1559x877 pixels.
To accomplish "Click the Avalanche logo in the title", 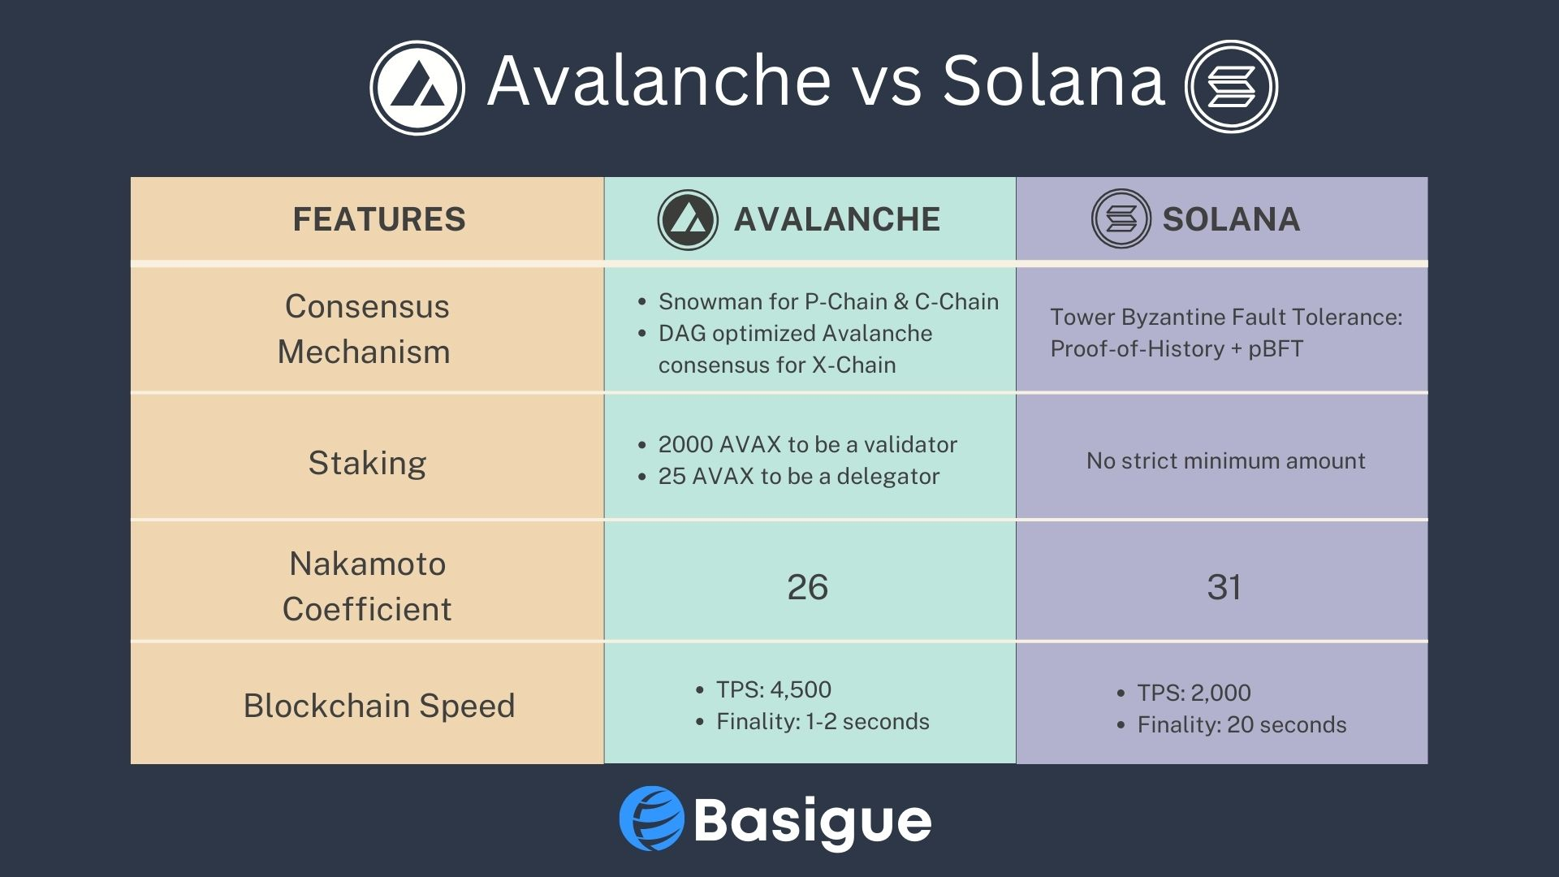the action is click(417, 88).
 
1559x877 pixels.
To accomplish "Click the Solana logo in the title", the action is click(1231, 87).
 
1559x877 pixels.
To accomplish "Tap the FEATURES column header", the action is click(379, 219).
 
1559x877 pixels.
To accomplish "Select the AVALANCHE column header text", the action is click(837, 219).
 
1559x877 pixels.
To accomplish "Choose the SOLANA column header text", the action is click(1231, 219).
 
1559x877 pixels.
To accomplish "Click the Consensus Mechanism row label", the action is click(365, 329).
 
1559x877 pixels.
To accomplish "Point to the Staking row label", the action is click(367, 463).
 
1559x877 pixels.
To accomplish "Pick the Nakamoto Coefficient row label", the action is click(367, 586).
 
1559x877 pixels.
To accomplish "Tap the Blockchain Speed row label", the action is click(379, 706).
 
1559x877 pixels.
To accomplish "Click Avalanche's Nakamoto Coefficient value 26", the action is click(807, 587).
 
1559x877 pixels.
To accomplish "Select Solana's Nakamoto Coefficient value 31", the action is click(1224, 587).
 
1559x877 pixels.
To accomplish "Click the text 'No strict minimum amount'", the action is click(1225, 460).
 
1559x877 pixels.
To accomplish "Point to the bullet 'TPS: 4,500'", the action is click(763, 689).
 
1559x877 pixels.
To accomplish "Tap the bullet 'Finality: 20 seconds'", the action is click(1231, 724).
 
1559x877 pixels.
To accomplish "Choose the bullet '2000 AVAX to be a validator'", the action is click(797, 444).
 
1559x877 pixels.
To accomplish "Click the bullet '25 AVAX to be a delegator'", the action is click(788, 476).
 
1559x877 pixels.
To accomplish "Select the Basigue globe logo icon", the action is click(652, 819).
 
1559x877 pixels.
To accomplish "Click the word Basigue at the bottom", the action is click(813, 822).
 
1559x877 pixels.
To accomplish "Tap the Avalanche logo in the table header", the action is click(688, 219).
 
